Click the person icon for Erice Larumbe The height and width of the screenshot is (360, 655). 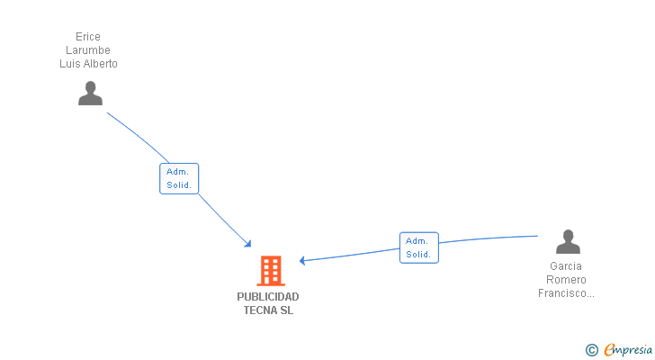tap(90, 94)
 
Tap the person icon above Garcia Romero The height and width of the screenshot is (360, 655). tap(568, 242)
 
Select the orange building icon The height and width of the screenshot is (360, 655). tap(271, 271)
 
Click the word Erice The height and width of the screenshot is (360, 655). tap(88, 37)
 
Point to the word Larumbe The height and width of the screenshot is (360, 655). tap(88, 50)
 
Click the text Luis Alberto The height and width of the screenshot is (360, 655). tap(88, 64)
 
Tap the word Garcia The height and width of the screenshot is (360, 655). tap(566, 266)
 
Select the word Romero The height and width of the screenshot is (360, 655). tap(566, 280)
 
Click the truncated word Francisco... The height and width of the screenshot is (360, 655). tap(566, 293)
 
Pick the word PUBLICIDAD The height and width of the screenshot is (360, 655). tap(268, 297)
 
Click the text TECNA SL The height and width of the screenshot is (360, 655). tap(268, 310)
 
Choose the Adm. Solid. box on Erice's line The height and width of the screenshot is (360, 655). tap(179, 178)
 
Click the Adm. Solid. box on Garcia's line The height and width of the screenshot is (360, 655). tap(418, 247)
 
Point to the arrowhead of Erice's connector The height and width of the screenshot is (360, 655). tap(248, 244)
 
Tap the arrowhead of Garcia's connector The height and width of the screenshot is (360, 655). tap(303, 261)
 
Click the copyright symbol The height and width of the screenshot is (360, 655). tap(591, 350)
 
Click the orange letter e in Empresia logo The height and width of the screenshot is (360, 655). tap(609, 350)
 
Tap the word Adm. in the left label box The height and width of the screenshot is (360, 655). tap(176, 172)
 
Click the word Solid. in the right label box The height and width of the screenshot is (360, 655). tap(418, 255)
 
